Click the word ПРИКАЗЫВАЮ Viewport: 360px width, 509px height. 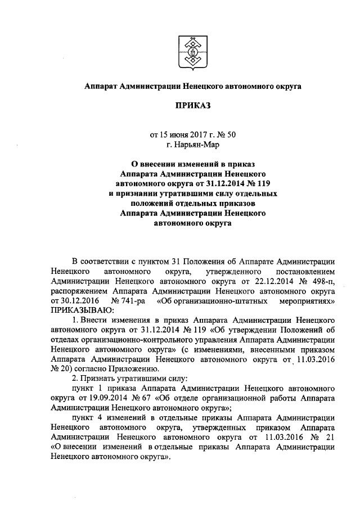pos(82,310)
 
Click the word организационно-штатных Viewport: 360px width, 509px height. pos(216,301)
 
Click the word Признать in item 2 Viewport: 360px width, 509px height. pos(101,379)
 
